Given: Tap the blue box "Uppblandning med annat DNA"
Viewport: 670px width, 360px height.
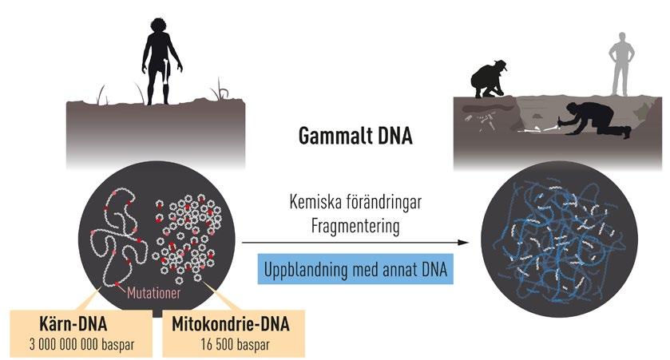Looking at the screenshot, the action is point(356,270).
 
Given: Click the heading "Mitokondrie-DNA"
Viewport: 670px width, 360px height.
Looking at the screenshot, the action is point(230,326).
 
